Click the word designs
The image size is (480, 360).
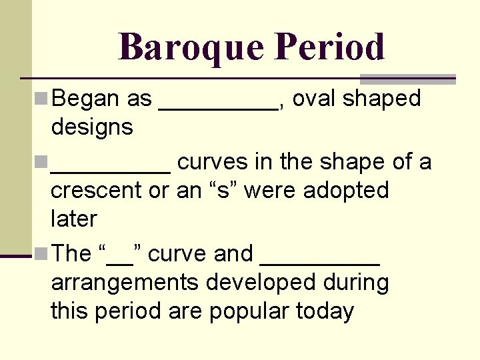tap(92, 127)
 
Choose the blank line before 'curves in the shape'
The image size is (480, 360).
tap(110, 171)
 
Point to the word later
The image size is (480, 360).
tap(74, 219)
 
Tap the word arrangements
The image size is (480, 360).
tap(124, 283)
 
